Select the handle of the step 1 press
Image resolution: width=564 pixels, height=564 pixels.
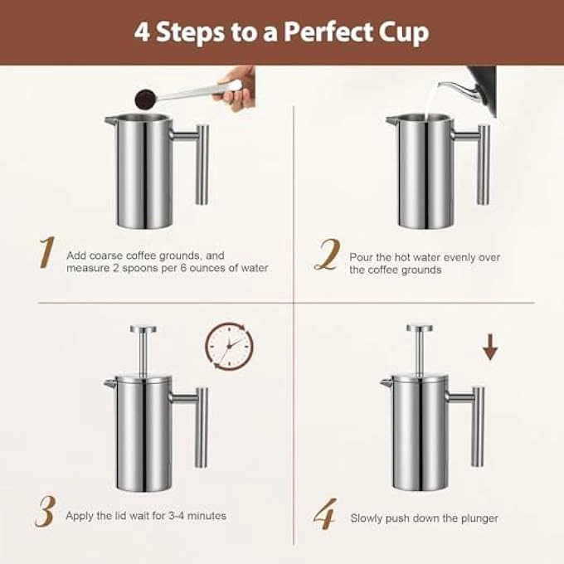[201, 162]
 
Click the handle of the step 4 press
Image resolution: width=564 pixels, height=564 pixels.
[477, 423]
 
